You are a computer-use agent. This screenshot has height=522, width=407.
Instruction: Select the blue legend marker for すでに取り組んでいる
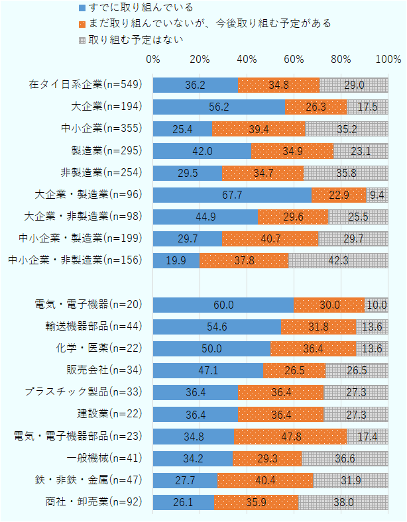(x=82, y=9)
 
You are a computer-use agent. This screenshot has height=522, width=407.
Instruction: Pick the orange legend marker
(x=82, y=24)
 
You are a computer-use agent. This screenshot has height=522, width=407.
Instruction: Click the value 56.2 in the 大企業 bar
(x=219, y=107)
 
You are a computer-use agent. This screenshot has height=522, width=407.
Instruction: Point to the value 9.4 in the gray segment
(x=377, y=195)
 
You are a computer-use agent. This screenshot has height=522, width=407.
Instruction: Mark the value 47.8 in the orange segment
(x=290, y=436)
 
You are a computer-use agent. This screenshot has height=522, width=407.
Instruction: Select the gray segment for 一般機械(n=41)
(x=345, y=458)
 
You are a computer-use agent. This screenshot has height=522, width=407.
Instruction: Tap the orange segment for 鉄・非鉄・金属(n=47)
(x=265, y=480)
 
